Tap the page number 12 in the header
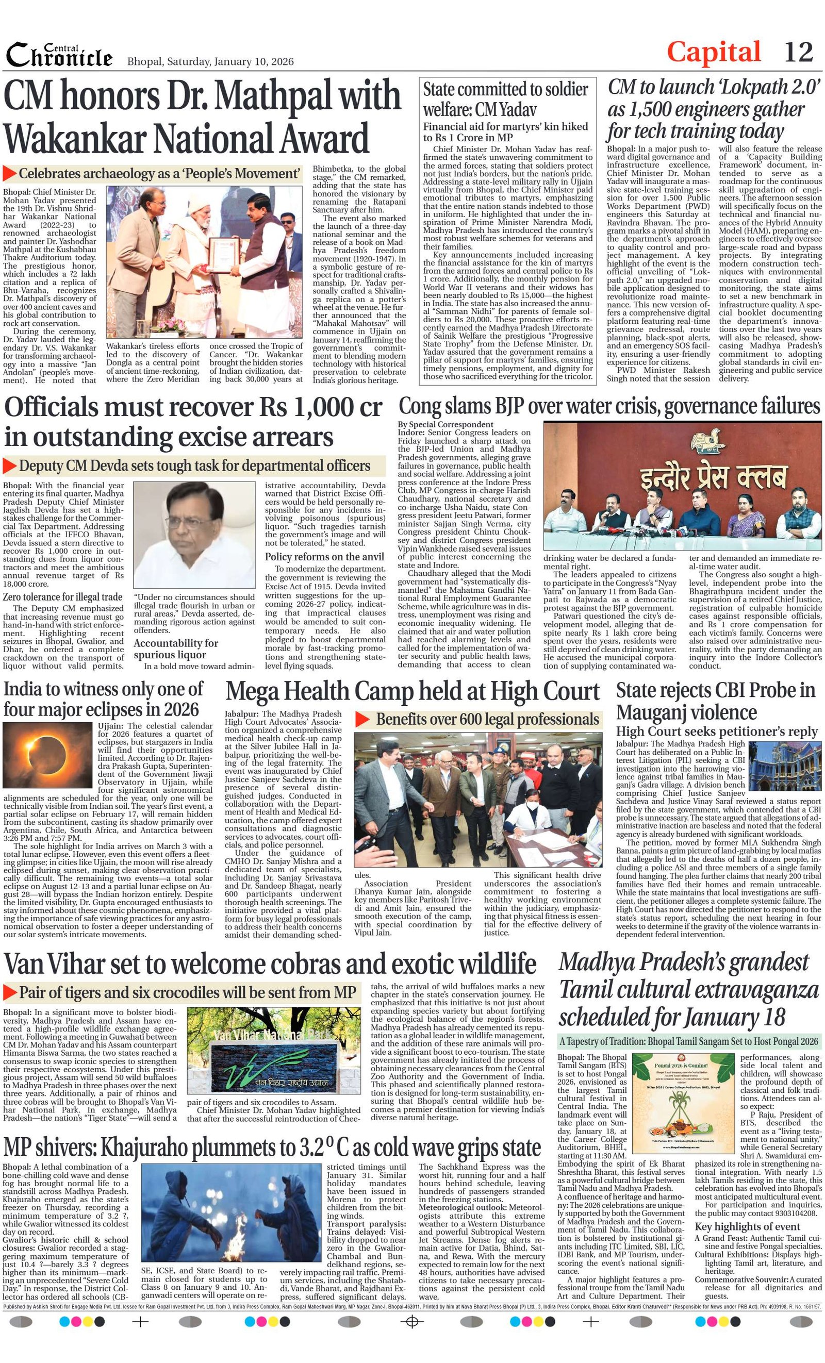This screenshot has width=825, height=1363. (798, 53)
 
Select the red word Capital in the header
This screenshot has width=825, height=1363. (713, 53)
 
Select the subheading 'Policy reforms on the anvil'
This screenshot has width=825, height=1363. (324, 556)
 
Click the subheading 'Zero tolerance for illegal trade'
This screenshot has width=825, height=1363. (62, 597)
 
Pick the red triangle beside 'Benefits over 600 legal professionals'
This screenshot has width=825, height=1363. (362, 719)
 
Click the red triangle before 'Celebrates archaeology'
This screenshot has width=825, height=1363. (9, 173)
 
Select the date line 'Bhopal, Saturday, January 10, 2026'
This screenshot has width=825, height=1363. (210, 61)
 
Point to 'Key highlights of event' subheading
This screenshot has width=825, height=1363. (747, 1226)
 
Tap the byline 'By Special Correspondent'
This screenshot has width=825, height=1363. (445, 424)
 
